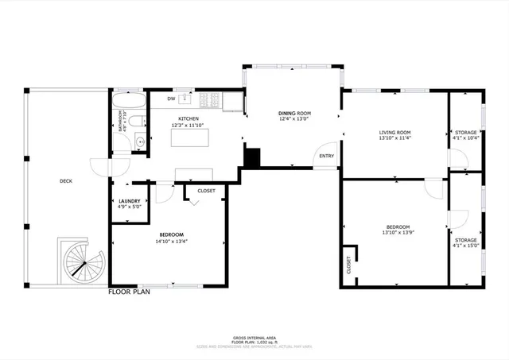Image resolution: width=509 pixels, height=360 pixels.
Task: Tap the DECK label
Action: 66,181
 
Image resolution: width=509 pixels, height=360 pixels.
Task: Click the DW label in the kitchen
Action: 171,99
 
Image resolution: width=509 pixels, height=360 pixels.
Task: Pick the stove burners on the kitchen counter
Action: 211,100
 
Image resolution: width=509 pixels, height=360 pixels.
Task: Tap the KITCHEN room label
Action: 188,118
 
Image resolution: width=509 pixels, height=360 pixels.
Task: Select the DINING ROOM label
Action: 294,114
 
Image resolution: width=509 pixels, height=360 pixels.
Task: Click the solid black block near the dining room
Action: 252,157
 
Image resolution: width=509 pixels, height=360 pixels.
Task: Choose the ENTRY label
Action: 327,156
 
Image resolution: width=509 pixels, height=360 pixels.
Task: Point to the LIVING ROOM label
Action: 394,132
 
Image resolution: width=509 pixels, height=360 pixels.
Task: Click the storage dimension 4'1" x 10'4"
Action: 465,138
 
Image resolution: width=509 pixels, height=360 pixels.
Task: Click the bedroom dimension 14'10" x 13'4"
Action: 172,241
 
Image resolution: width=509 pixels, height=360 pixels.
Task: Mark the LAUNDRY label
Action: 130,201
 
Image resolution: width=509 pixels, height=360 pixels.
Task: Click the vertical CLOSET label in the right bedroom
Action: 348,265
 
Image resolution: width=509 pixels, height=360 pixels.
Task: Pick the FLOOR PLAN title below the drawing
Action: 129,292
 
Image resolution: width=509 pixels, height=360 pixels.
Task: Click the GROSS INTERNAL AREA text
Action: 254,338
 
